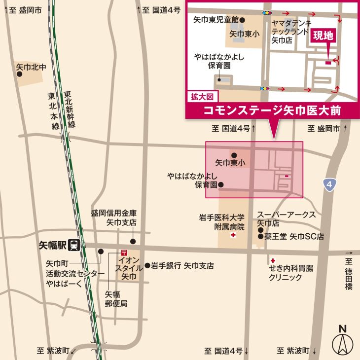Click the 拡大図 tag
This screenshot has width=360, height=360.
click(201, 97)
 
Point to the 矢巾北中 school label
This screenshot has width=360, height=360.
click(31, 66)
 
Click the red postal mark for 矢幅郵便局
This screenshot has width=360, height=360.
click(117, 252)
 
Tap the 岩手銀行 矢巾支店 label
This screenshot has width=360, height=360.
click(182, 266)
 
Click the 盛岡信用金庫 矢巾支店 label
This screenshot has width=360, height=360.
click(114, 218)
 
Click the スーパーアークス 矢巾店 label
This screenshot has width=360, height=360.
click(286, 219)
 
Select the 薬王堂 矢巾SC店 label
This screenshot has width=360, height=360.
click(294, 237)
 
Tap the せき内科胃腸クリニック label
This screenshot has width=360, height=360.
click(291, 273)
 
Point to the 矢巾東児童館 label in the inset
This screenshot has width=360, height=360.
click(216, 19)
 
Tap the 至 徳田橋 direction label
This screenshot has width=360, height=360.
click(350, 271)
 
